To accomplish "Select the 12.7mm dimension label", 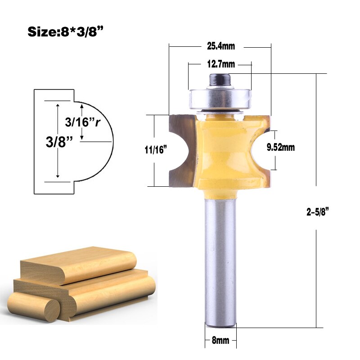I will [221, 64].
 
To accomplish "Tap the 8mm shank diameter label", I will [220, 341].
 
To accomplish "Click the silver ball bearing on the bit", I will [219, 98].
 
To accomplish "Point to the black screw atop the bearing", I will [219, 78].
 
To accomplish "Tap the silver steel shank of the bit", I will [220, 265].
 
